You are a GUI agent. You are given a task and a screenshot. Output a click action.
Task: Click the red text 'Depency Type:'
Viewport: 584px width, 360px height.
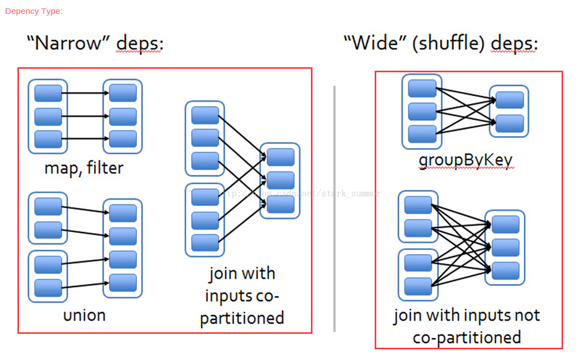(x=33, y=11)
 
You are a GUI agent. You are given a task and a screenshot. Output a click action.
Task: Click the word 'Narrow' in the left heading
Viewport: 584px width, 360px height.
(x=68, y=43)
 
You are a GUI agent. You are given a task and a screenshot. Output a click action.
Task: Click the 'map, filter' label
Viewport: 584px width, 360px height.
(x=84, y=168)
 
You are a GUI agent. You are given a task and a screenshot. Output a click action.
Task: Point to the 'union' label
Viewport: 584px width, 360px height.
(x=85, y=315)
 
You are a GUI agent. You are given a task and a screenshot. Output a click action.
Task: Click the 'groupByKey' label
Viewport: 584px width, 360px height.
(x=466, y=160)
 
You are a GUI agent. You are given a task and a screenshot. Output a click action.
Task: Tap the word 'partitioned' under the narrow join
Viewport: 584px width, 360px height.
(x=242, y=318)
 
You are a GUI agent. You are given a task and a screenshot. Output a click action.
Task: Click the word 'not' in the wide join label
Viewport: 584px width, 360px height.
(x=527, y=315)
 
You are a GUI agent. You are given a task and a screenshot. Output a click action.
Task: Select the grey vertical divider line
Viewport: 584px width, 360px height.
(x=334, y=209)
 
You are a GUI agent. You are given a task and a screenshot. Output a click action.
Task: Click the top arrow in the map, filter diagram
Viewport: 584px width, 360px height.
(x=85, y=93)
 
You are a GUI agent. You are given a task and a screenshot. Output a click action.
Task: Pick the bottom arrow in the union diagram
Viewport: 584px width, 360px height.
(x=85, y=285)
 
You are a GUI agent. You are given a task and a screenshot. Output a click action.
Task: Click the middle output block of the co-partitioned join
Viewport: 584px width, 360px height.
(x=280, y=180)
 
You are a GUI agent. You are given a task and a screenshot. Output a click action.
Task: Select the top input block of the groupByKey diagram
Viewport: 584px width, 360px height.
(x=422, y=88)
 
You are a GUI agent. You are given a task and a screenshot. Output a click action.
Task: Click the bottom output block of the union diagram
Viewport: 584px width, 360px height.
(x=123, y=283)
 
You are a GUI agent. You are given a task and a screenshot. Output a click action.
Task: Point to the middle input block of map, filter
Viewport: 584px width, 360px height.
(x=48, y=116)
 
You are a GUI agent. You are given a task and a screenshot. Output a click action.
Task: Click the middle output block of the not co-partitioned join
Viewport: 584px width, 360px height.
(x=506, y=247)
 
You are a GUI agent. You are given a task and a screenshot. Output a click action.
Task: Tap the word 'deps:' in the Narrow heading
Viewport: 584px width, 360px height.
(x=140, y=43)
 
